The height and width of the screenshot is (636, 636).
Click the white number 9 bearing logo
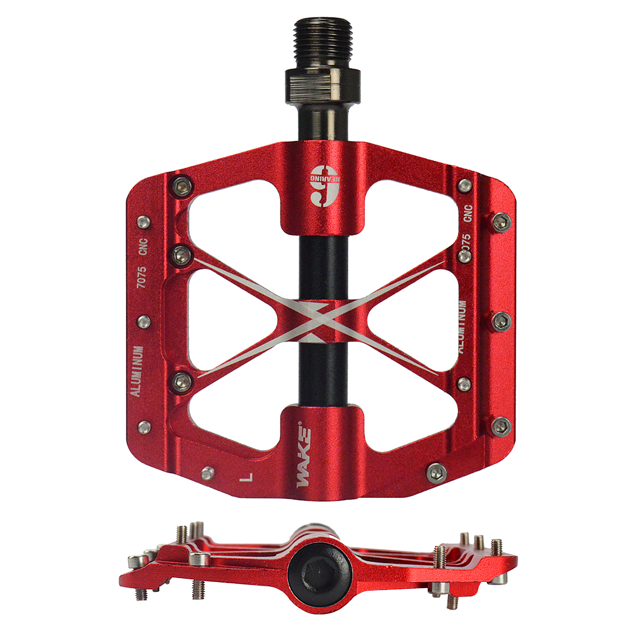[325, 186]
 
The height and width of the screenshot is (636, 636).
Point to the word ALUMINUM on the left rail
[137, 371]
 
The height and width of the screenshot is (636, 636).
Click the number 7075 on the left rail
[141, 277]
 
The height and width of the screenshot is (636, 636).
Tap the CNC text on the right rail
[468, 213]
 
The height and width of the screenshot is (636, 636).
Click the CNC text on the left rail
[143, 246]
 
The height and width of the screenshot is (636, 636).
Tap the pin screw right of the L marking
[436, 472]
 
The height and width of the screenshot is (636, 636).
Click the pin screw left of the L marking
[207, 473]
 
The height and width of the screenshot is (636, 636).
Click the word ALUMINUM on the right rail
[462, 327]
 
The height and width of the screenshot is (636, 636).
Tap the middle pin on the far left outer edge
[144, 321]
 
